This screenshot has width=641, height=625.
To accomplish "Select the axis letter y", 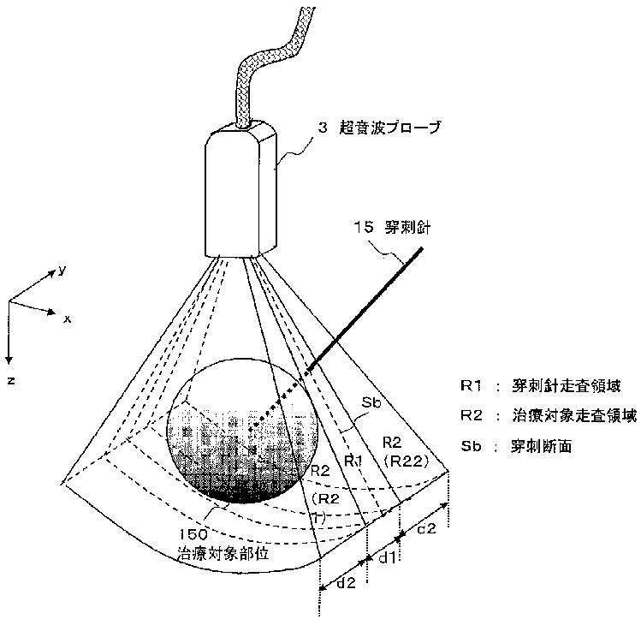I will point(62,270).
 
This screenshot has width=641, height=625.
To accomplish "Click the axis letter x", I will point(66,318).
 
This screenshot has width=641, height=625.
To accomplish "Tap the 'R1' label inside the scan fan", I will point(353,461).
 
